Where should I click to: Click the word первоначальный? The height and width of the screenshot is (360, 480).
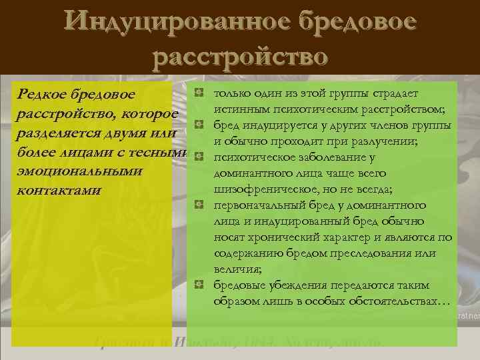pyautogui.click(x=261, y=205)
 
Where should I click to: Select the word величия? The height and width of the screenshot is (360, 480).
pyautogui.click(x=236, y=269)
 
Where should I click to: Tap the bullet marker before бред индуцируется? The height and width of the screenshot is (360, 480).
pyautogui.click(x=198, y=125)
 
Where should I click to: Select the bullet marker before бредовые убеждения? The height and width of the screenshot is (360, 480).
pyautogui.click(x=198, y=285)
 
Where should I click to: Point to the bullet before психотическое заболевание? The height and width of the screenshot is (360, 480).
pyautogui.click(x=198, y=157)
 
